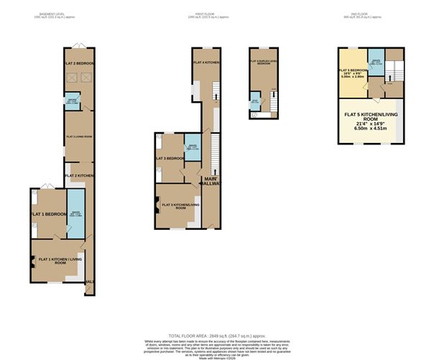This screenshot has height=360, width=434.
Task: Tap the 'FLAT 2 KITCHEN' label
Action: pyautogui.click(x=79, y=175)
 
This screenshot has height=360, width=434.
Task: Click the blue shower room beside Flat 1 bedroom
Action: pyautogui.click(x=75, y=213)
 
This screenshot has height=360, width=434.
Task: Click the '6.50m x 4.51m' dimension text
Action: pyautogui.click(x=371, y=129)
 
